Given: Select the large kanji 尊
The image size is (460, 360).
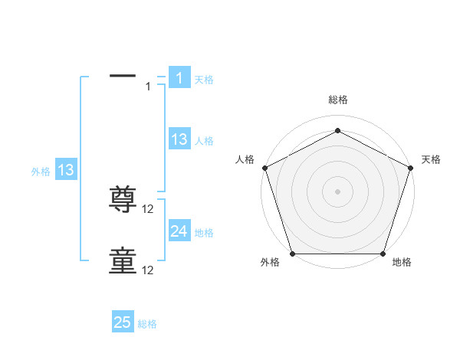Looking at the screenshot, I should point(123,201).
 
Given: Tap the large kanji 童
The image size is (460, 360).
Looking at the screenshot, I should point(123,261).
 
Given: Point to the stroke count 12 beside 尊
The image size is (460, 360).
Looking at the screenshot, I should point(149,209).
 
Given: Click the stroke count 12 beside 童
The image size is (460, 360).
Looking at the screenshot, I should point(149,270).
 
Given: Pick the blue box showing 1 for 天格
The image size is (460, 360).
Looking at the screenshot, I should point(179,78).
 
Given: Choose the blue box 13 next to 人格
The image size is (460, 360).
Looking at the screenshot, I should point(179,139).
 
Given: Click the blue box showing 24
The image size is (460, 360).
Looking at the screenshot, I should point(179,231).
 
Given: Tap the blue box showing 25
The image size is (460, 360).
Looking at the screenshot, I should point(123,322).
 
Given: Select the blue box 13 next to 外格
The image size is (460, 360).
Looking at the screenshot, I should point(66,170).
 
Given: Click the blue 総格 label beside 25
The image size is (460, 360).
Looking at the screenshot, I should point(147,324).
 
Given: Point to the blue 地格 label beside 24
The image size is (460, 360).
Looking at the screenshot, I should point(204,233).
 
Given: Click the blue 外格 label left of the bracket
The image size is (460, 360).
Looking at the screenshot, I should point(41,172).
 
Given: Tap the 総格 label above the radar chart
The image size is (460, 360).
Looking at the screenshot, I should point(337,100).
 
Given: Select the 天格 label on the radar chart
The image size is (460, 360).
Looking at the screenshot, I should point(431,159).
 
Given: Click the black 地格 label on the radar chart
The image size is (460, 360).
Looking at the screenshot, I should point(402,263).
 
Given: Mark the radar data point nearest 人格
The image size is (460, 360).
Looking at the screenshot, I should point(264,167).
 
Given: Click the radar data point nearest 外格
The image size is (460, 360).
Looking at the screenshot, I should point(292,254).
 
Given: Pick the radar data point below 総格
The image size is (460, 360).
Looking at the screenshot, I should point(337,131).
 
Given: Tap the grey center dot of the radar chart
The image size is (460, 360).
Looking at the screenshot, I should point(337,191).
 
